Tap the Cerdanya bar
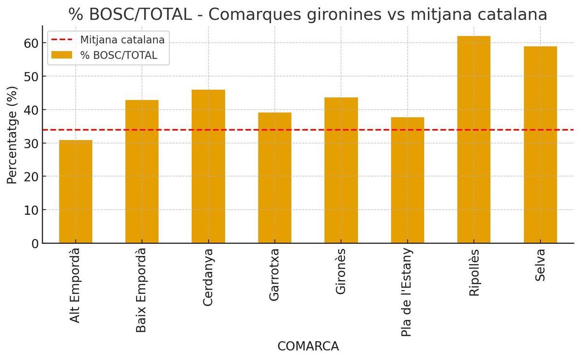(x=208, y=166)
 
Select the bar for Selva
(x=540, y=145)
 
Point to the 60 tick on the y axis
(x=31, y=43)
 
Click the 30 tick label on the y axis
(x=31, y=143)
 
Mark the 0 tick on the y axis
(x=34, y=243)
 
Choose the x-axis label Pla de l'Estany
(x=407, y=292)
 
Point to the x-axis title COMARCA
(x=308, y=346)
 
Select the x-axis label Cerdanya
(x=208, y=277)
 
